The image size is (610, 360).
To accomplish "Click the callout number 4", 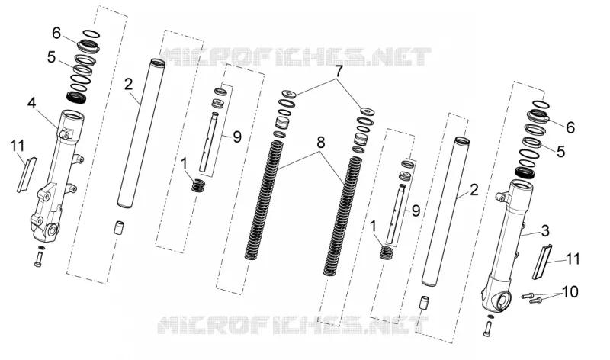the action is (31, 104).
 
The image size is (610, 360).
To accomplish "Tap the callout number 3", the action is (545, 231).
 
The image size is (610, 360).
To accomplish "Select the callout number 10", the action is (570, 292).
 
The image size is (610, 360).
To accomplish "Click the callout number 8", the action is (320, 143).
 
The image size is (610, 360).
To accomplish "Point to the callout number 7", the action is (339, 72).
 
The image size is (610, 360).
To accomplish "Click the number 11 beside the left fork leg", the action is (18, 146).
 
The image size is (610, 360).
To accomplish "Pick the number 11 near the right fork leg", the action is (573, 259).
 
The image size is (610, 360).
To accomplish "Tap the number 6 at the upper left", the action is (56, 34).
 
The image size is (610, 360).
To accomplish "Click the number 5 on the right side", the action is (560, 151).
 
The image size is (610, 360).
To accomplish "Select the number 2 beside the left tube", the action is (129, 84).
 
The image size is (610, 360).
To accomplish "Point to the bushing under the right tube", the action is (423, 303).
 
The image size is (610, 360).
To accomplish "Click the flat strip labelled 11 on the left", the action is (27, 175).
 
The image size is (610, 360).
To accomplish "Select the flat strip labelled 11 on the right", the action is (542, 262).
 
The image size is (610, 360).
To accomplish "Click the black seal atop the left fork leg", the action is (77, 97).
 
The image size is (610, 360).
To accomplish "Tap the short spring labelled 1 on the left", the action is (198, 185).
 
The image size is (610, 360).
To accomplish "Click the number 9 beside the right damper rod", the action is (416, 211).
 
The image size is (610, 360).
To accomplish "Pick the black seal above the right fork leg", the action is (525, 172).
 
